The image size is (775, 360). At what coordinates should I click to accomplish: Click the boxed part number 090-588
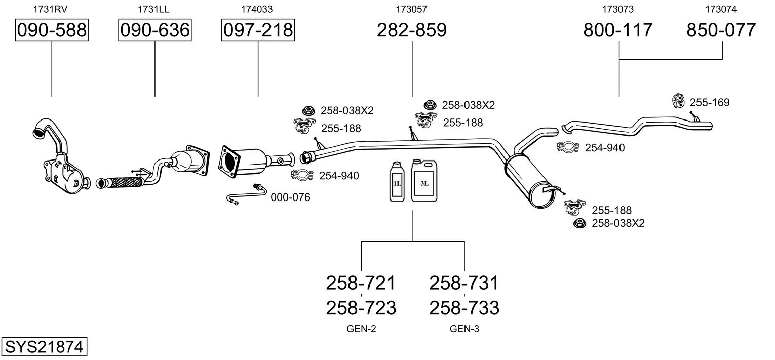52,30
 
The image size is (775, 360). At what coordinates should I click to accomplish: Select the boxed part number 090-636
154,30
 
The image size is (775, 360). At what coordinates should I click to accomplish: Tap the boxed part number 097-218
258,30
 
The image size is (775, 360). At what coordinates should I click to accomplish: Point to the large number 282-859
412,30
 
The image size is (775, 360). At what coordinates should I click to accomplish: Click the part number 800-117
618,30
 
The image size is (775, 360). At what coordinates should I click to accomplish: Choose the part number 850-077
721,30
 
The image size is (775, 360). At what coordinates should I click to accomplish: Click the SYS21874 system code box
44,347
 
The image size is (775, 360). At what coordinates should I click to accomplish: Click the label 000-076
290,197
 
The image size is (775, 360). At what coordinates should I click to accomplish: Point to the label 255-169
710,103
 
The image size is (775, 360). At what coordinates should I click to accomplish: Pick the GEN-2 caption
361,329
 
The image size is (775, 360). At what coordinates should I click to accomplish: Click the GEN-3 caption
464,329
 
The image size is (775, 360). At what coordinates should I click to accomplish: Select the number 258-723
361,307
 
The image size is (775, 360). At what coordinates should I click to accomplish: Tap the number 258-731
464,283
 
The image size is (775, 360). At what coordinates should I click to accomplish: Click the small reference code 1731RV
50,9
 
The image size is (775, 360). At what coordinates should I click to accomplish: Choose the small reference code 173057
412,9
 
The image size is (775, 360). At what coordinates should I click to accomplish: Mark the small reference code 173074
721,9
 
